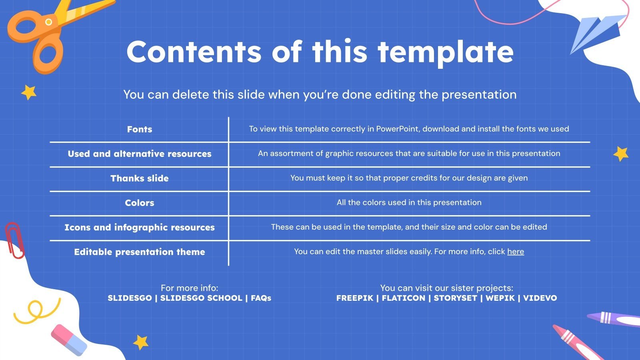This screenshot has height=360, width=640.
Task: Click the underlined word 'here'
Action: pyautogui.click(x=516, y=252)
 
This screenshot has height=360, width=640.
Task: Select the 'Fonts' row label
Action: pyautogui.click(x=140, y=129)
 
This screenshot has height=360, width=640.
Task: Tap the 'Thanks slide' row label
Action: pyautogui.click(x=140, y=178)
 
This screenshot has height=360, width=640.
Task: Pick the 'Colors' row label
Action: pyautogui.click(x=140, y=203)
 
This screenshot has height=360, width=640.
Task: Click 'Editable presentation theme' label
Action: pyautogui.click(x=140, y=252)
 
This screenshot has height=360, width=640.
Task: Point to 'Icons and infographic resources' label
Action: pyautogui.click(x=140, y=228)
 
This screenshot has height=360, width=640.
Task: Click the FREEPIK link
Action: pyautogui.click(x=354, y=298)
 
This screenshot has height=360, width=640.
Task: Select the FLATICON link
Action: pyautogui.click(x=404, y=298)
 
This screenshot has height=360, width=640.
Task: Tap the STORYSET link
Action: pyautogui.click(x=456, y=298)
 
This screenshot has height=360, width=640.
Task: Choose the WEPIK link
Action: pyautogui.click(x=500, y=298)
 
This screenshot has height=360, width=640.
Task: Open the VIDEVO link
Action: pyautogui.click(x=540, y=298)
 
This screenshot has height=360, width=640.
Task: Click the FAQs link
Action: pyautogui.click(x=261, y=298)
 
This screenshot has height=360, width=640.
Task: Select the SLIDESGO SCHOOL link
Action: pyautogui.click(x=201, y=298)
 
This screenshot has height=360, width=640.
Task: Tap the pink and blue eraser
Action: pyautogui.click(x=69, y=340)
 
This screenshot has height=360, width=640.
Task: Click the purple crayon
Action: pyautogui.click(x=614, y=319)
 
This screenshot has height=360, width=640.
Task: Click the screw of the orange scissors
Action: pyautogui.click(x=48, y=22)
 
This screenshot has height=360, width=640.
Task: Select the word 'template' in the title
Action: pyautogui.click(x=446, y=52)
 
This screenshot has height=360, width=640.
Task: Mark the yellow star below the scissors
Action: pyautogui.click(x=29, y=92)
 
